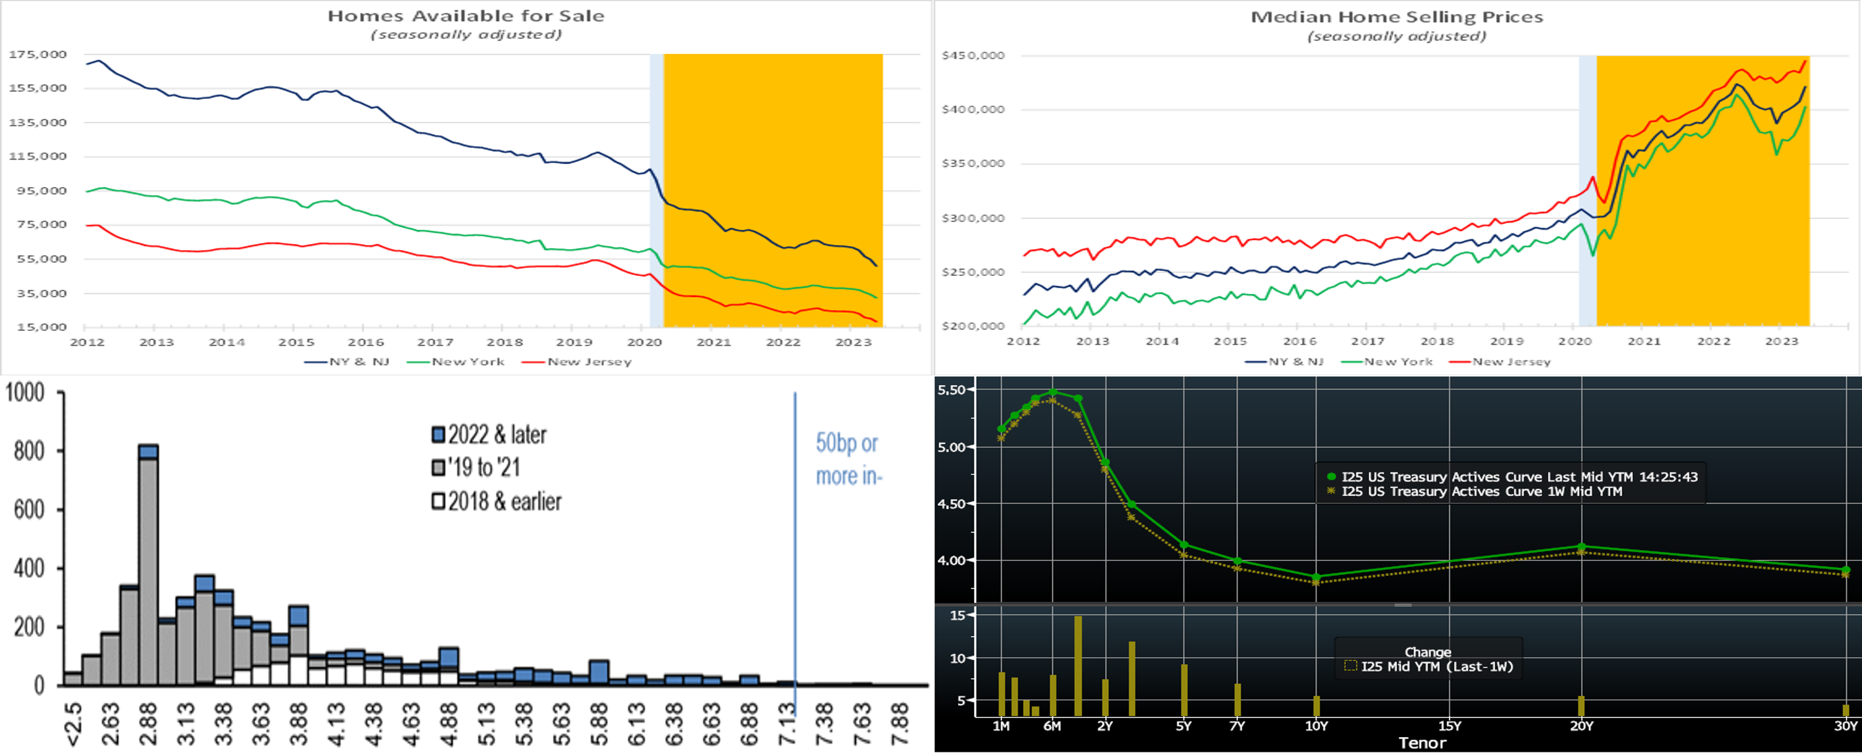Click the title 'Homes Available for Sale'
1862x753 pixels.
[x=465, y=16]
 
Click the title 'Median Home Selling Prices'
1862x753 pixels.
[x=1397, y=16]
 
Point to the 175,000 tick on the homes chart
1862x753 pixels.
[x=37, y=54]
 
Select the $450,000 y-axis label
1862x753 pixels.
[x=973, y=56]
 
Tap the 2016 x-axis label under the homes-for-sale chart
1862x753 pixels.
[x=366, y=342]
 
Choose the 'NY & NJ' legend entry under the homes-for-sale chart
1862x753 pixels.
[x=347, y=361]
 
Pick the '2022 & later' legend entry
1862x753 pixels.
[x=489, y=434]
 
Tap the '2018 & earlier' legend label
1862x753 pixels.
[x=496, y=501]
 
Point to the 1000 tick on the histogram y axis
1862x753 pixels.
[x=25, y=392]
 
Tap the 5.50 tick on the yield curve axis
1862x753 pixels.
[x=951, y=389]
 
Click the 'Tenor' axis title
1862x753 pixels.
[x=1422, y=743]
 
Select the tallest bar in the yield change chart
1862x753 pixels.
[x=1077, y=665]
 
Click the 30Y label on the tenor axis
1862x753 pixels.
[x=1846, y=726]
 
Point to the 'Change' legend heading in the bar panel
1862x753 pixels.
[x=1428, y=652]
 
